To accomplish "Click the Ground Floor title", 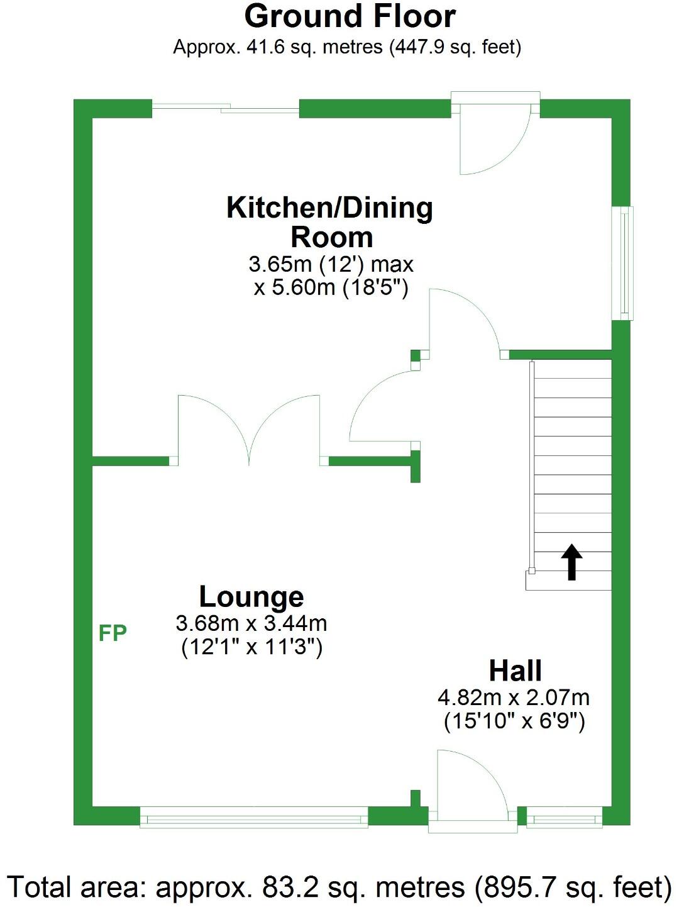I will (350, 16).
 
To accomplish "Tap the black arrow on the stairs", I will (571, 561).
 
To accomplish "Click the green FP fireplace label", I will (113, 633).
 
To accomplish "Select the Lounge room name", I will (251, 596).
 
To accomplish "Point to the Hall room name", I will (516, 671).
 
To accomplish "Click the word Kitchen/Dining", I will (329, 208).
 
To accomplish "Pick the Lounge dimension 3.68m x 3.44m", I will (251, 623).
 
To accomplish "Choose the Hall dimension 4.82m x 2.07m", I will (514, 697).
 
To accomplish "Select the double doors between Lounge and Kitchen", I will (250, 430).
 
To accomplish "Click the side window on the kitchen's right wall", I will (623, 263).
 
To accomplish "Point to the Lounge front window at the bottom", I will (253, 819).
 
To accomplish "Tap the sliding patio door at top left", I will (226, 109).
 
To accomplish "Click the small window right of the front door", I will (564, 819).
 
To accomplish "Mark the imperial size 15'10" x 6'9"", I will (514, 721).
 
